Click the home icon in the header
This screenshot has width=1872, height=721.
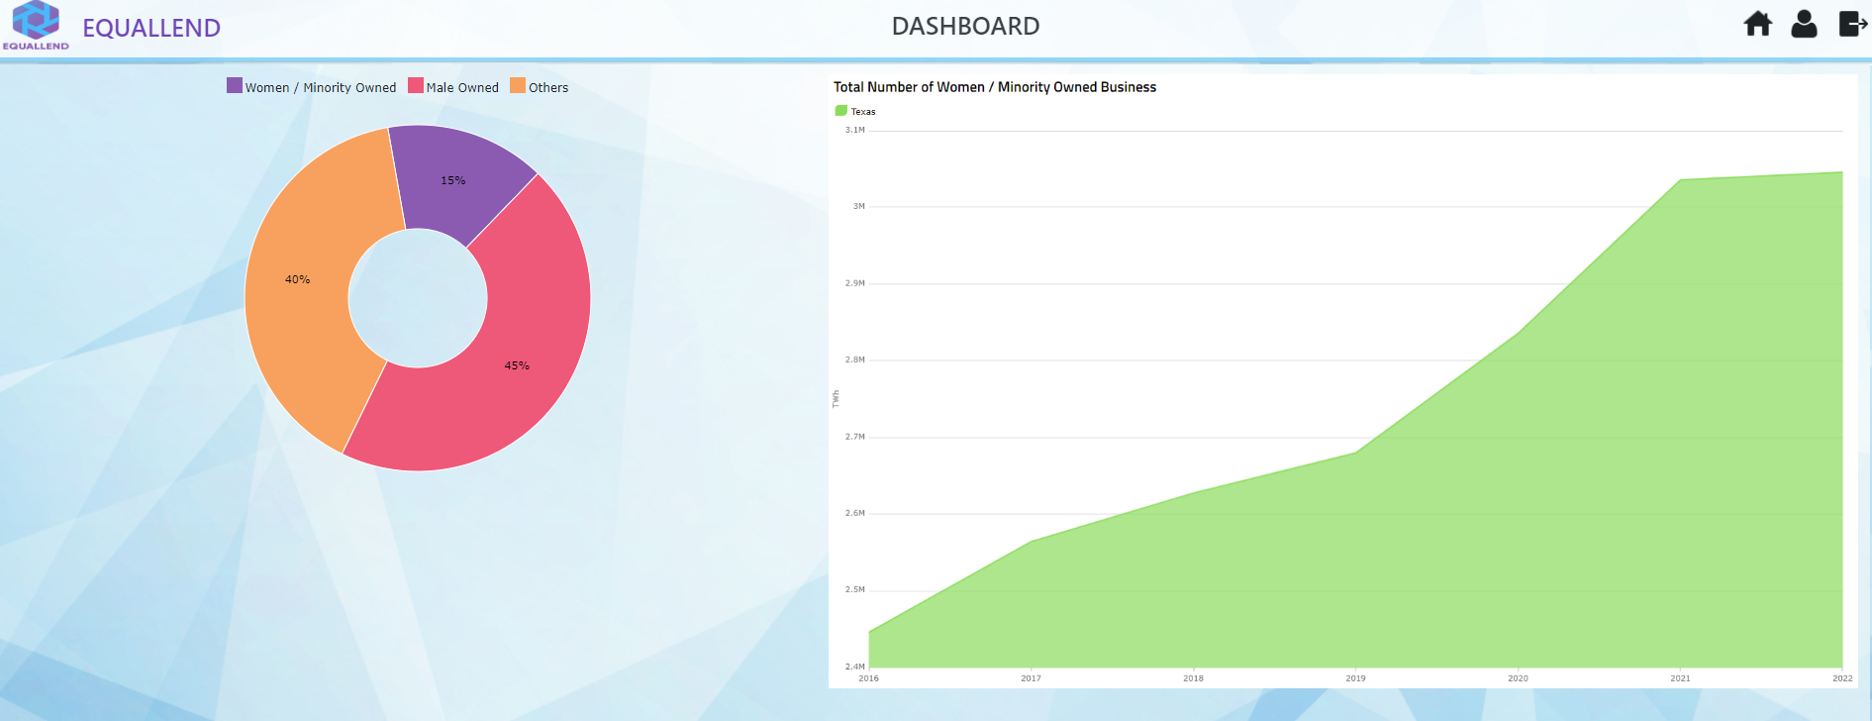click(x=1757, y=24)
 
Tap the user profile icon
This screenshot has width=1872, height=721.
click(x=1804, y=24)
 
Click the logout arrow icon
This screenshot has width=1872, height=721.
click(x=1851, y=24)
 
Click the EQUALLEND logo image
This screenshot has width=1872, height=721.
click(x=36, y=25)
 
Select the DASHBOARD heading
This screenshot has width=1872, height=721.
click(x=965, y=27)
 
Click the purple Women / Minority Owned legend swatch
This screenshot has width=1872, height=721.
click(x=235, y=86)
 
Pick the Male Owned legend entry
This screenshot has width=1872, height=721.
click(x=453, y=87)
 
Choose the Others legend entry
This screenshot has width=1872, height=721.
click(x=540, y=87)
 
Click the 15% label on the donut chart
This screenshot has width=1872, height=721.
click(x=452, y=180)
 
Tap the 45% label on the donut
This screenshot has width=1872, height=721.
click(x=517, y=365)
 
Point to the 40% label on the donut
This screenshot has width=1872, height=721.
click(x=297, y=279)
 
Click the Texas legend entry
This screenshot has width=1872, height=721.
click(x=856, y=111)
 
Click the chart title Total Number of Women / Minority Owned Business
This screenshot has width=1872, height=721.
click(x=994, y=87)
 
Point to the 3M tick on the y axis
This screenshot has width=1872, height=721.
click(x=858, y=206)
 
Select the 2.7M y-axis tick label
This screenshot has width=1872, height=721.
click(x=854, y=436)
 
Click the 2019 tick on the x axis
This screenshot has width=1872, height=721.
click(x=1355, y=678)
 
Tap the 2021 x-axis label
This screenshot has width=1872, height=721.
click(x=1680, y=678)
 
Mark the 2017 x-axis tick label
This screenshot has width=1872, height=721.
click(x=1031, y=678)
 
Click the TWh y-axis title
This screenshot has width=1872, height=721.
click(x=836, y=398)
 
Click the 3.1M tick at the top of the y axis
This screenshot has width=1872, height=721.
click(x=854, y=130)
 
